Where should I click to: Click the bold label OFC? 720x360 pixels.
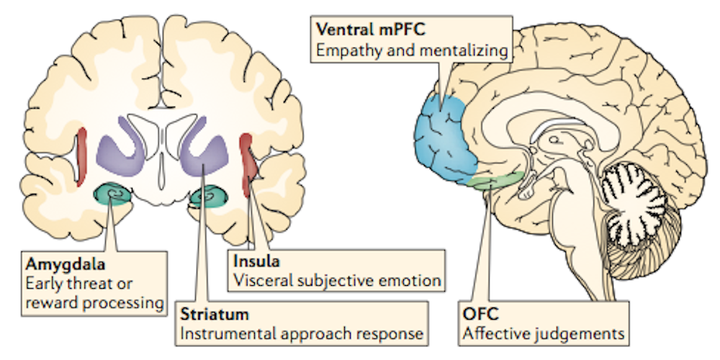tap(480, 313)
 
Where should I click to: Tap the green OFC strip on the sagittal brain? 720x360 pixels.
tap(497, 180)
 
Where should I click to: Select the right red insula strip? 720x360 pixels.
tap(248, 155)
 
